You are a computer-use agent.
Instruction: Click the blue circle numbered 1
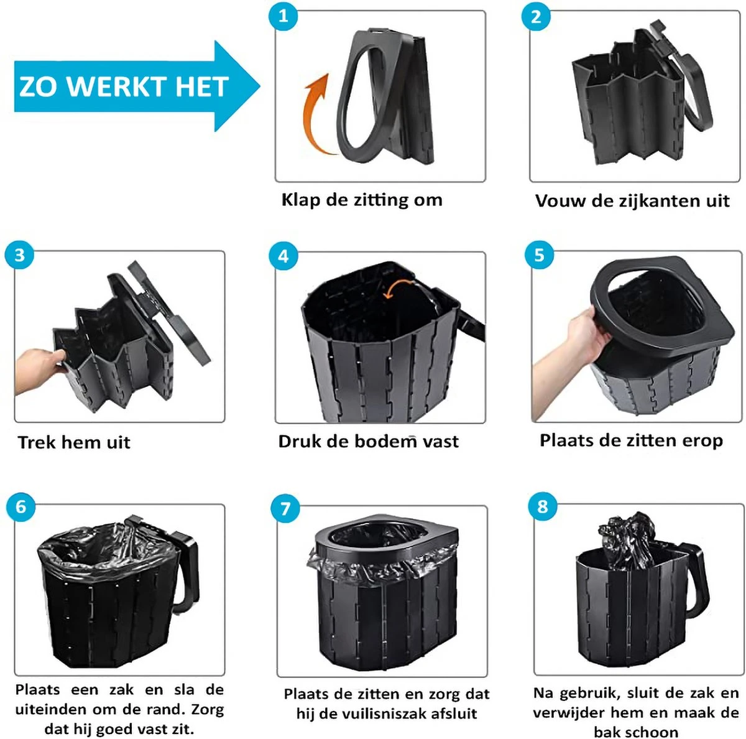(x=283, y=16)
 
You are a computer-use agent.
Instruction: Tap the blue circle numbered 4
(x=283, y=256)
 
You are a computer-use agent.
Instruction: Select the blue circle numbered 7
(x=285, y=509)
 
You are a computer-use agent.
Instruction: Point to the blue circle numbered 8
(x=543, y=506)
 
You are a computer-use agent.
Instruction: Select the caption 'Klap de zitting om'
(x=362, y=200)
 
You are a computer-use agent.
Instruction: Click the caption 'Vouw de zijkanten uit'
(x=632, y=201)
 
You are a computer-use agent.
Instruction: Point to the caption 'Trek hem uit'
(x=74, y=442)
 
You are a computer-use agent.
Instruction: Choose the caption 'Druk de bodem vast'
(x=368, y=442)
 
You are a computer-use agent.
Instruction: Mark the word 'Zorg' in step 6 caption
(x=208, y=709)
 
